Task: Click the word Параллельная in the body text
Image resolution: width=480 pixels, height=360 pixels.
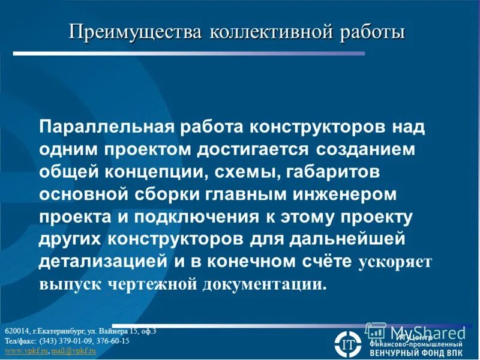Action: pos(106,127)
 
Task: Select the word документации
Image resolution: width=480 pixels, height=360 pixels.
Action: pos(266,284)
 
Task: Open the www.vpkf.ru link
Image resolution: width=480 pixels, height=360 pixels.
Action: pos(26,350)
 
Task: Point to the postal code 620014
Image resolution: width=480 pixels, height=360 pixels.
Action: pos(16,331)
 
